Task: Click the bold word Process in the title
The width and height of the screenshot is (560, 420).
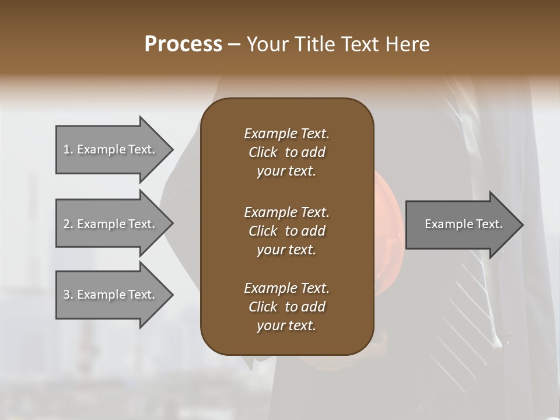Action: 183,44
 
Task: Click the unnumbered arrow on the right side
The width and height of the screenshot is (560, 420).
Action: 461,225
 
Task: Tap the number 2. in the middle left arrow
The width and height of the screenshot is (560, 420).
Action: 68,224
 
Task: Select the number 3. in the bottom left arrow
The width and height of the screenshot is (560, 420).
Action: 68,295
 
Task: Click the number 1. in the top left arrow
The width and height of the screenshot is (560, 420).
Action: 68,149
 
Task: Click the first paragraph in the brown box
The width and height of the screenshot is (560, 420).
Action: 286,152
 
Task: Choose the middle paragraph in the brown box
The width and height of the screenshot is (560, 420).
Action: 286,231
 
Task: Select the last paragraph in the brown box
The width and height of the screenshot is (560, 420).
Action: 286,307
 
